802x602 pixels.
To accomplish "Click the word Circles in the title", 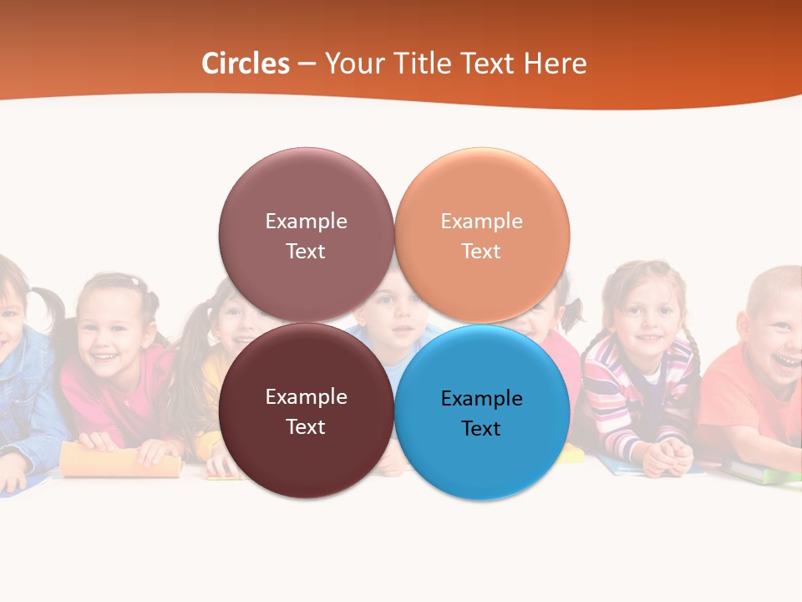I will pyautogui.click(x=246, y=64).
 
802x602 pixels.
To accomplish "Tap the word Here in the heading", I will pyautogui.click(x=556, y=64).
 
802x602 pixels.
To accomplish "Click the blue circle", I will pyautogui.click(x=482, y=412).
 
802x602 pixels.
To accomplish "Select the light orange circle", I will pyautogui.click(x=482, y=235).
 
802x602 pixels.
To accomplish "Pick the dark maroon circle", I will pyautogui.click(x=306, y=411).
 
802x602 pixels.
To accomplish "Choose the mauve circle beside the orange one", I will pyautogui.click(x=306, y=235).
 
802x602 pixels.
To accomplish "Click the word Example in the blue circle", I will pyautogui.click(x=481, y=398).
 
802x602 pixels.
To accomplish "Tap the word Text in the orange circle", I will pyautogui.click(x=481, y=251).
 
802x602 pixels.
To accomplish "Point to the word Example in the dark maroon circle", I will pyautogui.click(x=306, y=396).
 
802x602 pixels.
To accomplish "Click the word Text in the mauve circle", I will pyautogui.click(x=306, y=251).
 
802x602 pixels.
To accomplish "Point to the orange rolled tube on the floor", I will pyautogui.click(x=121, y=461).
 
